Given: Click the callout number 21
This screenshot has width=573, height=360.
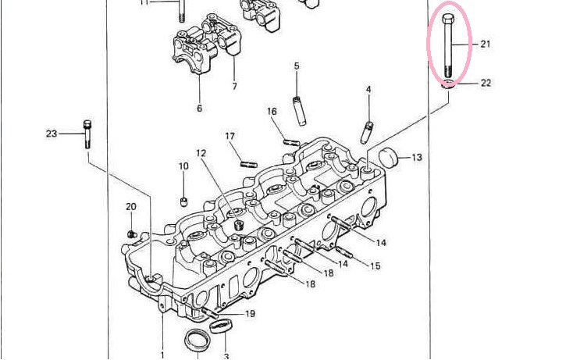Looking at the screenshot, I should [485, 45].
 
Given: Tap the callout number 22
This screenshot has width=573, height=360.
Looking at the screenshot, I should [485, 84].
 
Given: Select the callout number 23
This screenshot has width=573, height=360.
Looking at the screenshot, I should [52, 134].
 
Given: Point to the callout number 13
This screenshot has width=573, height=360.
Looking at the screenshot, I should [416, 158].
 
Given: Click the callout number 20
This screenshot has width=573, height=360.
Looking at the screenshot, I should [130, 206].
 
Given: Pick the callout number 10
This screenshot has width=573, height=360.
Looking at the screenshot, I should [183, 166].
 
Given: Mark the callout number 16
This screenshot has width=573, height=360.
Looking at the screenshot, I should [272, 112].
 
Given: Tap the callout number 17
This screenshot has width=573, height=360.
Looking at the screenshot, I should [230, 137].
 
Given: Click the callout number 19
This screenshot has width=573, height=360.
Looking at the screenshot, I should [250, 314].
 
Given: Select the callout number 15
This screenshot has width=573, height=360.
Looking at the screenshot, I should [375, 266].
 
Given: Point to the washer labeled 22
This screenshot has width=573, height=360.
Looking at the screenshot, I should [448, 84].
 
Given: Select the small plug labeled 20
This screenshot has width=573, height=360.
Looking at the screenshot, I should [132, 233].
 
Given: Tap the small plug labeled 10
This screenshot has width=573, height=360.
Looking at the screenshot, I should [184, 201].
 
